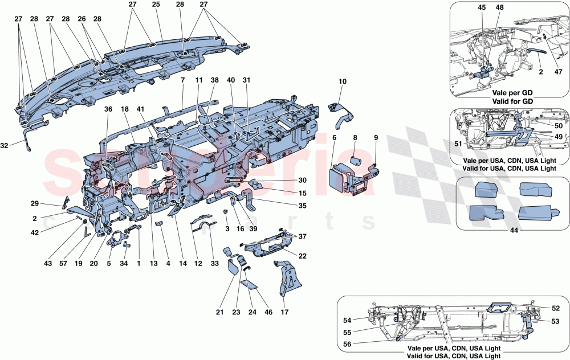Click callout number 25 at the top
[156, 5]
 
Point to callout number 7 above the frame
[182, 81]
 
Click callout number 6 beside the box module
[335, 138]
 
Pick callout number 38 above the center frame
[215, 81]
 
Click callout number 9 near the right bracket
[376, 138]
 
